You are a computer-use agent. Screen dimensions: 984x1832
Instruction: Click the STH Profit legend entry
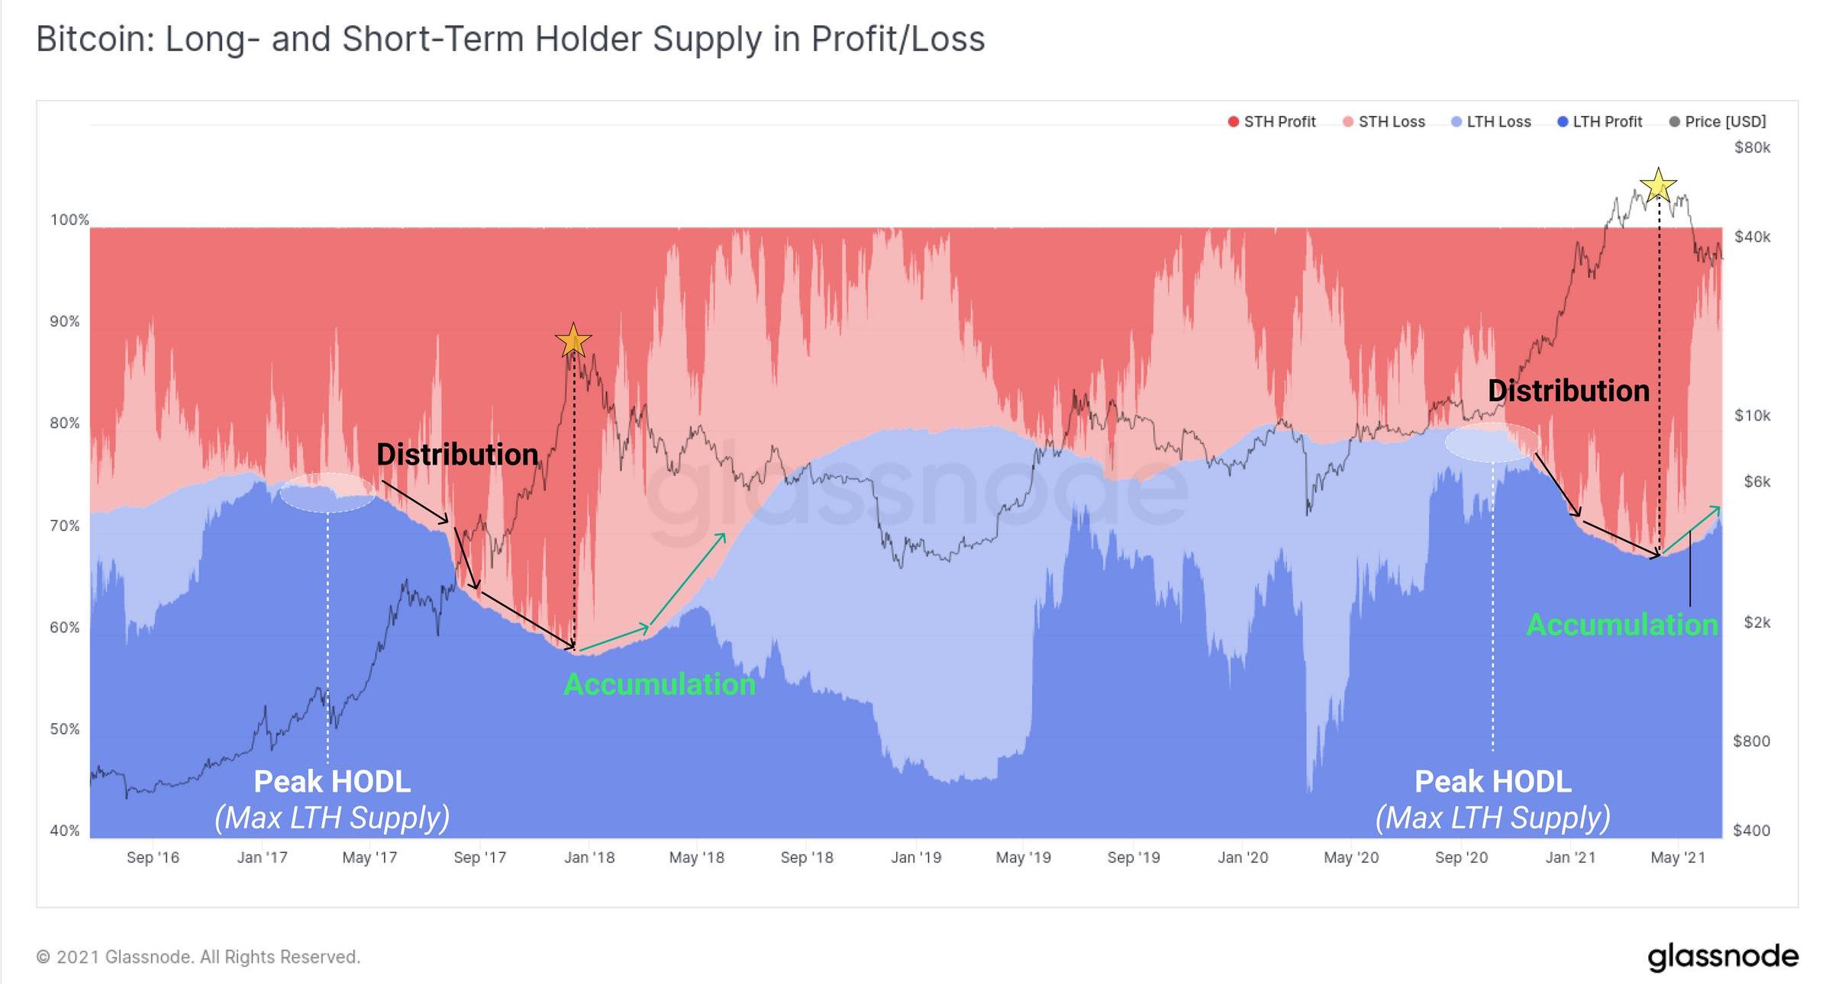1272,122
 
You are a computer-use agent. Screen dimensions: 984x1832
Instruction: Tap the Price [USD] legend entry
1717,122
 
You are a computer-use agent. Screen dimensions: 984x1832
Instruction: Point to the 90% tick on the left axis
65,322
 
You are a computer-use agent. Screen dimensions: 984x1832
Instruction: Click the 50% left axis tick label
65,729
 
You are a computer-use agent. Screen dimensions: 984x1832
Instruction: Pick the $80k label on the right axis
1752,148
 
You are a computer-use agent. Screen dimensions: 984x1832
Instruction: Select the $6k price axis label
1756,482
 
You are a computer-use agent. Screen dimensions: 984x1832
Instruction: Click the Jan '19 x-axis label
916,857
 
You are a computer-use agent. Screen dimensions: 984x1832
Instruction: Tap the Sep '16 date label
153,857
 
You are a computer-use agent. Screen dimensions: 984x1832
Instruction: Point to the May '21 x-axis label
1678,857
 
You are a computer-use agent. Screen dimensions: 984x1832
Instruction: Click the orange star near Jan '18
573,340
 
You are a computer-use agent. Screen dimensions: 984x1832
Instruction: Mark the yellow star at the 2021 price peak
1658,185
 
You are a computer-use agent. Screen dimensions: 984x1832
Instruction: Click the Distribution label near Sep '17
457,455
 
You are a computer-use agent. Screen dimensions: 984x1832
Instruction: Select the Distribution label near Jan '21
1569,391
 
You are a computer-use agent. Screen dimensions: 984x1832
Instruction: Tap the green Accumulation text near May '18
660,684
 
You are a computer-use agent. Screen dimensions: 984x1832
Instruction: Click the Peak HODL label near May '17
332,782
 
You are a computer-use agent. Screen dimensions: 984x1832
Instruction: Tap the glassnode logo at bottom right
1723,957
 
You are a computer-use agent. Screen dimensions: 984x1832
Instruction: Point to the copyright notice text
198,957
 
